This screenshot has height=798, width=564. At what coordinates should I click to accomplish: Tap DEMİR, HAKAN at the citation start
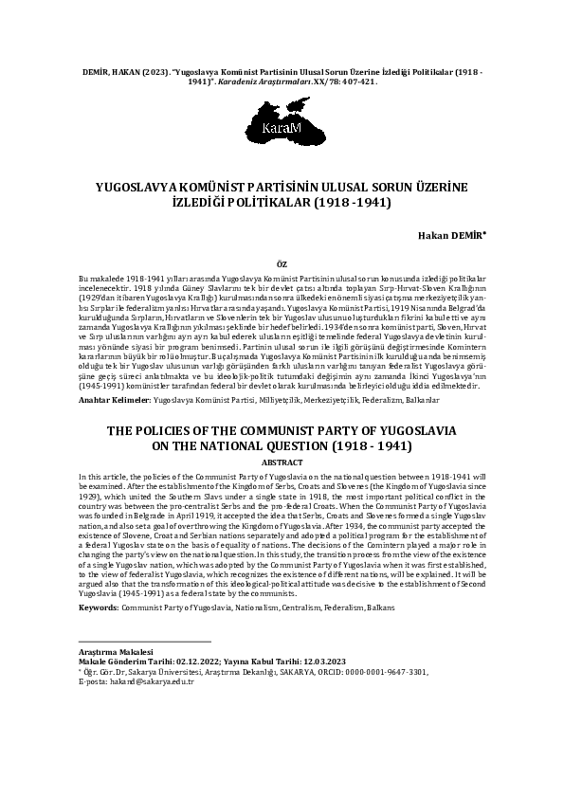[104, 72]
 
